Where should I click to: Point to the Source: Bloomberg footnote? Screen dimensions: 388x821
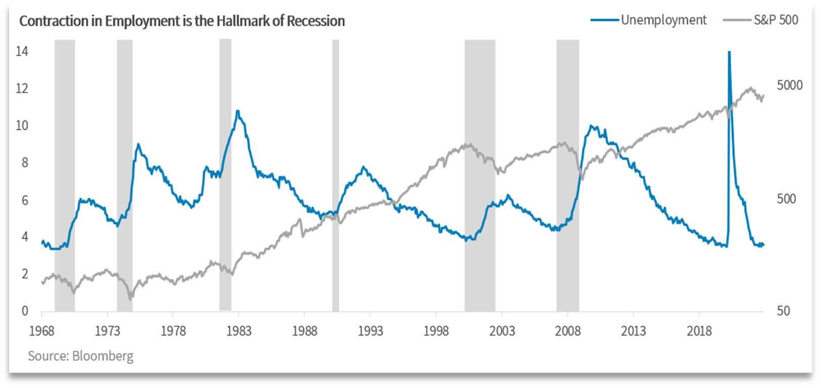(80, 356)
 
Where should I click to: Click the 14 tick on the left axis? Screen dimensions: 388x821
(22, 51)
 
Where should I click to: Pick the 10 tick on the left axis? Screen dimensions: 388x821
(22, 126)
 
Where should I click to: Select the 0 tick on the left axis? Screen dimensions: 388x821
(25, 311)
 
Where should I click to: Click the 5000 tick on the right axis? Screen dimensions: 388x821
(789, 85)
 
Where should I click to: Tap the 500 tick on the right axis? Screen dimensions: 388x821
(786, 199)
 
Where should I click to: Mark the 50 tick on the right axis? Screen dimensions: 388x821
(784, 311)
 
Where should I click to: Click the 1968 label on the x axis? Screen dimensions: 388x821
(42, 331)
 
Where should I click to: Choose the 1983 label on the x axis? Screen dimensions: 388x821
(239, 331)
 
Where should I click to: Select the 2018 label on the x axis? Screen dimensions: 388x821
(699, 331)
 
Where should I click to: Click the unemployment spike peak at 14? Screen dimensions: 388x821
(729, 52)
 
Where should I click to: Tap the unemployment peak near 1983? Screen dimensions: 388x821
(237, 111)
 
